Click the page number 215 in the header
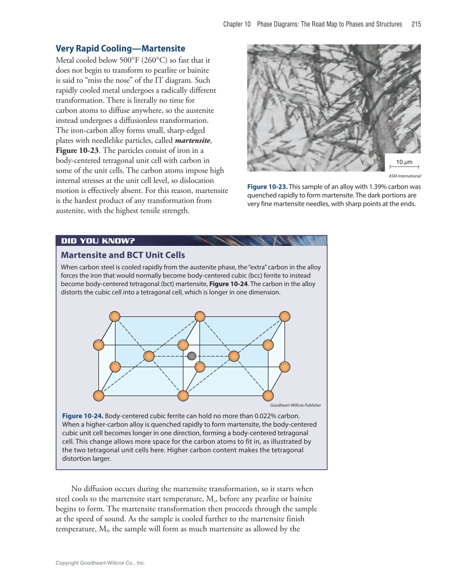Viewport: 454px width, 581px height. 417,24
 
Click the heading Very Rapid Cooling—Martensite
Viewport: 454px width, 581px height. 120,49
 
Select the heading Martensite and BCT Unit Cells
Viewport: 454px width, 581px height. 123,255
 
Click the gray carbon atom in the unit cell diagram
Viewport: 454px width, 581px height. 191,356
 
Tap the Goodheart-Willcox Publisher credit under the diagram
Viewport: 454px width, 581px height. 292,405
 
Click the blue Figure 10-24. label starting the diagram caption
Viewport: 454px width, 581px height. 82,416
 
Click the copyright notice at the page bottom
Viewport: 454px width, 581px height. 101,563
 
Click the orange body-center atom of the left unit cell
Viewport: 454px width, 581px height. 149,356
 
